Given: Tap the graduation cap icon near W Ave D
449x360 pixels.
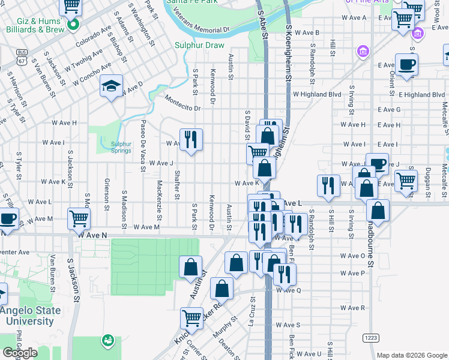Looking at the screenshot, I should coord(112,86).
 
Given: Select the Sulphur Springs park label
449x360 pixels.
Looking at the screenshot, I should coord(121,147).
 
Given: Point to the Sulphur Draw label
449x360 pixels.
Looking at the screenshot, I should coord(199,45).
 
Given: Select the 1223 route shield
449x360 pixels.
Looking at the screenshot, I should coord(371,338).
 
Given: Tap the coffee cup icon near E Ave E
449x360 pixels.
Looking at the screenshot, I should coord(406,65).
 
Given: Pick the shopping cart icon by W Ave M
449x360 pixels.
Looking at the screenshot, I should coord(79,218).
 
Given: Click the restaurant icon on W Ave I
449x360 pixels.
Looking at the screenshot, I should coord(191,140).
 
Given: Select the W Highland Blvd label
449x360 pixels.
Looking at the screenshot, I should coord(317,94).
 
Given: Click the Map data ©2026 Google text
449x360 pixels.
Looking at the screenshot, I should coord(411,355).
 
